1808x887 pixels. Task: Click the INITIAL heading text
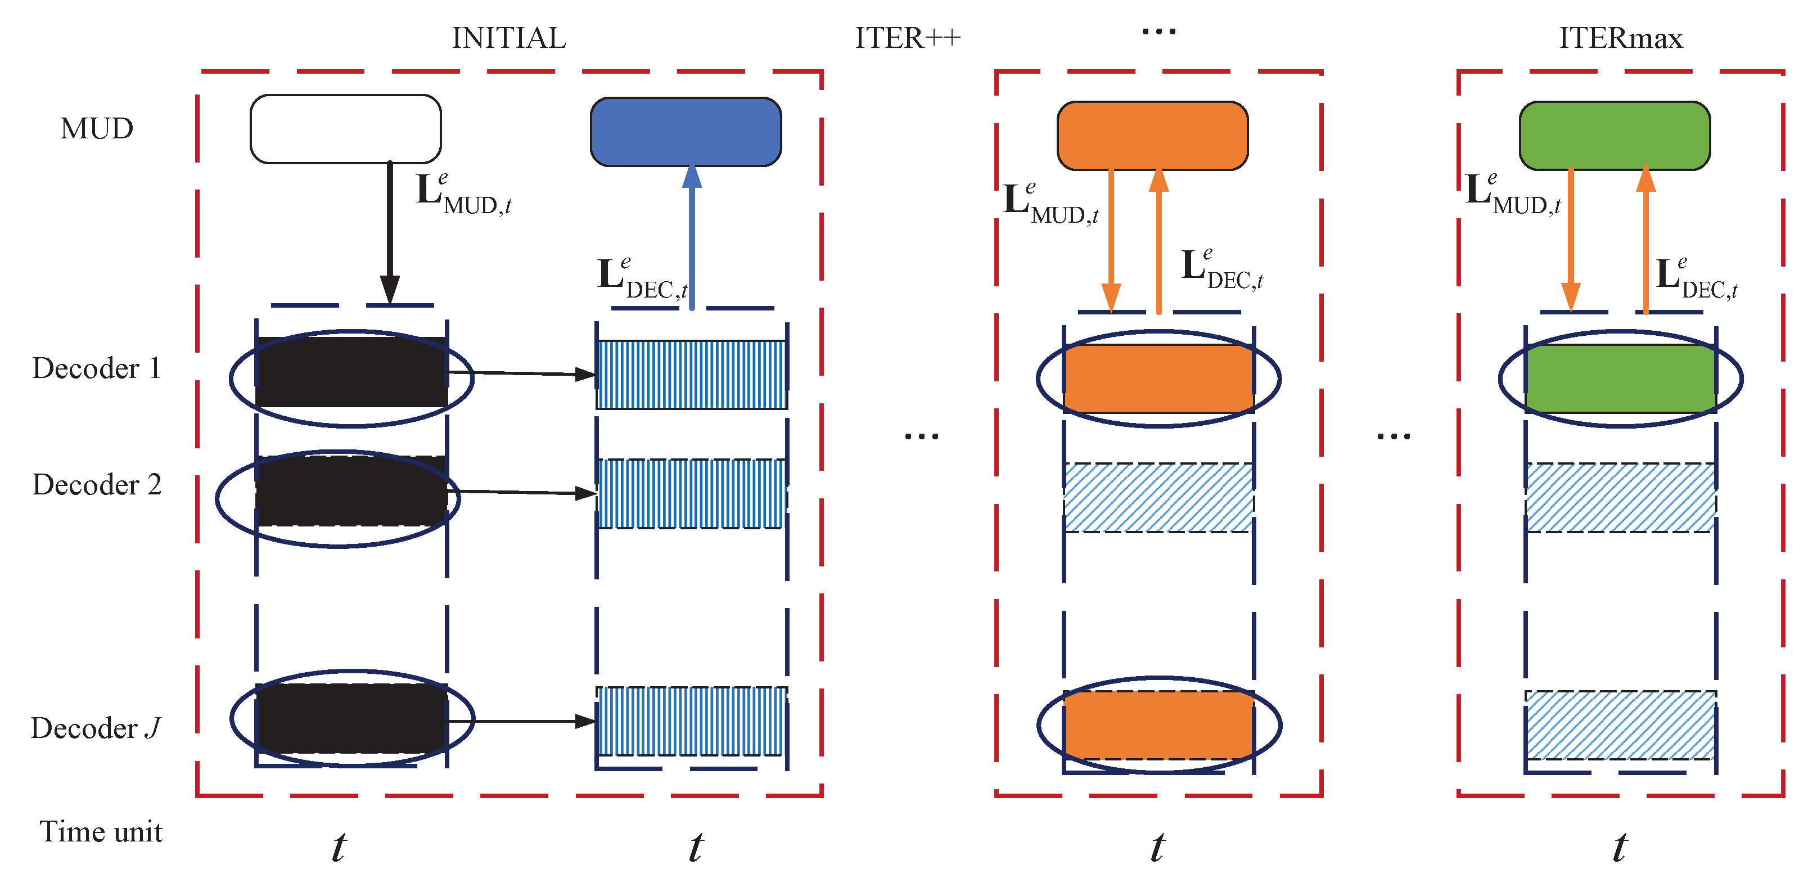pos(509,38)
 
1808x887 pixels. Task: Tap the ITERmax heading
pos(1621,38)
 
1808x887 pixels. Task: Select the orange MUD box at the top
pos(1152,136)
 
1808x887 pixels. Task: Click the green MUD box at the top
pos(1615,136)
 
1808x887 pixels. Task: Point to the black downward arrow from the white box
pos(390,232)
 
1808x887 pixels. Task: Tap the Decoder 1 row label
pos(96,368)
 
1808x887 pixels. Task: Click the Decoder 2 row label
pos(96,485)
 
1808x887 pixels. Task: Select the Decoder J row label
pos(96,728)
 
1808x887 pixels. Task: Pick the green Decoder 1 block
pos(1621,378)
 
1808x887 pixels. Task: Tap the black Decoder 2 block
pos(351,491)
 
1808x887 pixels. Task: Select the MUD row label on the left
pos(96,128)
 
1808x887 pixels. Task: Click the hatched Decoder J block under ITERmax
pos(1621,725)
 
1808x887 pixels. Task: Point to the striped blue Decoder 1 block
pos(691,375)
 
